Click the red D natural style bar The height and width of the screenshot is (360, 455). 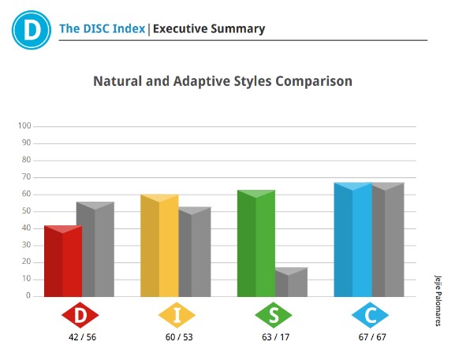(63, 261)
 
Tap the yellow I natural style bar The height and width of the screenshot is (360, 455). (159, 246)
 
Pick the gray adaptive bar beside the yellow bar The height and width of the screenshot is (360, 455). (195, 252)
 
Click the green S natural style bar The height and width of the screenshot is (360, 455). (256, 243)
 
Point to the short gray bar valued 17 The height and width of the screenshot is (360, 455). (291, 282)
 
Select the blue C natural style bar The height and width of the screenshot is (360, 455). (353, 239)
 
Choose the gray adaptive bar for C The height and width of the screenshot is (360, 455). (388, 239)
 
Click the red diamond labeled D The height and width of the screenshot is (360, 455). (80, 315)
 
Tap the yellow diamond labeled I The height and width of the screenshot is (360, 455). (177, 315)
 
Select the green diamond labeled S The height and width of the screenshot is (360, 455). (274, 315)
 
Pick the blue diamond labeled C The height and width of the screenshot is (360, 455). (371, 315)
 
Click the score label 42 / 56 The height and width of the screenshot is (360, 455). (83, 337)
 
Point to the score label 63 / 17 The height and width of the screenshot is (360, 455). (276, 337)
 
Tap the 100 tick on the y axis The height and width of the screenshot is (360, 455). (24, 126)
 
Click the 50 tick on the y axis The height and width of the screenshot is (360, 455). (26, 211)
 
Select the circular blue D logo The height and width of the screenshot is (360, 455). (32, 30)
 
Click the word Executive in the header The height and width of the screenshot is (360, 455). (181, 28)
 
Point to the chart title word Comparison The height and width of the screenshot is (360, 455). (314, 81)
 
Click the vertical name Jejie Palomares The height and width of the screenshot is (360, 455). (438, 301)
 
